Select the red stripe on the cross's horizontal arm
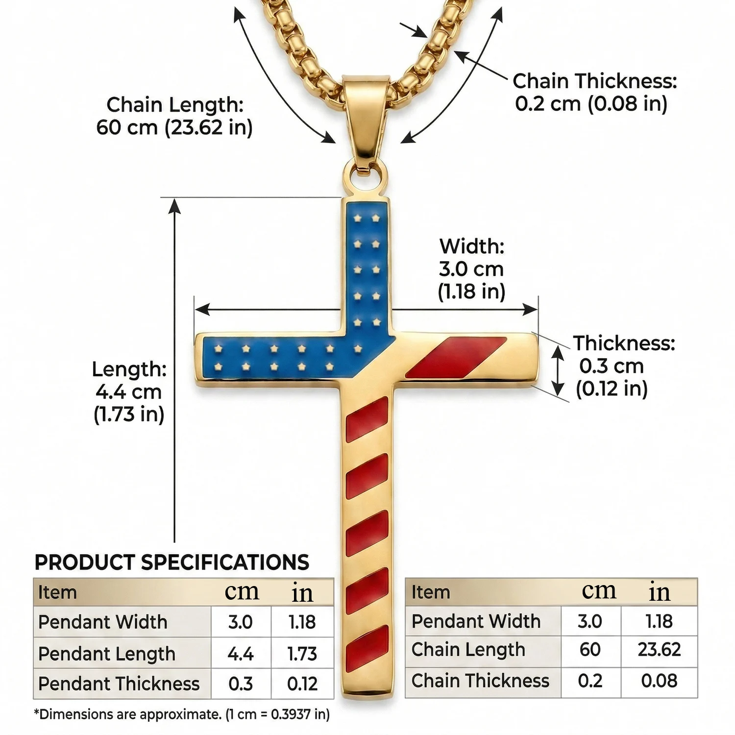click(456, 358)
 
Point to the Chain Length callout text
click(174, 116)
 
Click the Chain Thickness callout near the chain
click(594, 92)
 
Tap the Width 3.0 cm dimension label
click(471, 269)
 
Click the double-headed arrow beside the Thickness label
click(558, 369)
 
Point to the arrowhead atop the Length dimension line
click(174, 206)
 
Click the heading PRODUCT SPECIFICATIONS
click(172, 563)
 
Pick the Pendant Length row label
click(107, 654)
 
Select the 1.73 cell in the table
click(302, 654)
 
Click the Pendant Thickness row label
click(119, 684)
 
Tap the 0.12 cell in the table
click(302, 684)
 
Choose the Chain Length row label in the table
click(468, 650)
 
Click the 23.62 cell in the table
click(659, 650)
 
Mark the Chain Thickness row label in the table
click(481, 681)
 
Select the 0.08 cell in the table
click(659, 681)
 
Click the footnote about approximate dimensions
click(182, 714)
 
